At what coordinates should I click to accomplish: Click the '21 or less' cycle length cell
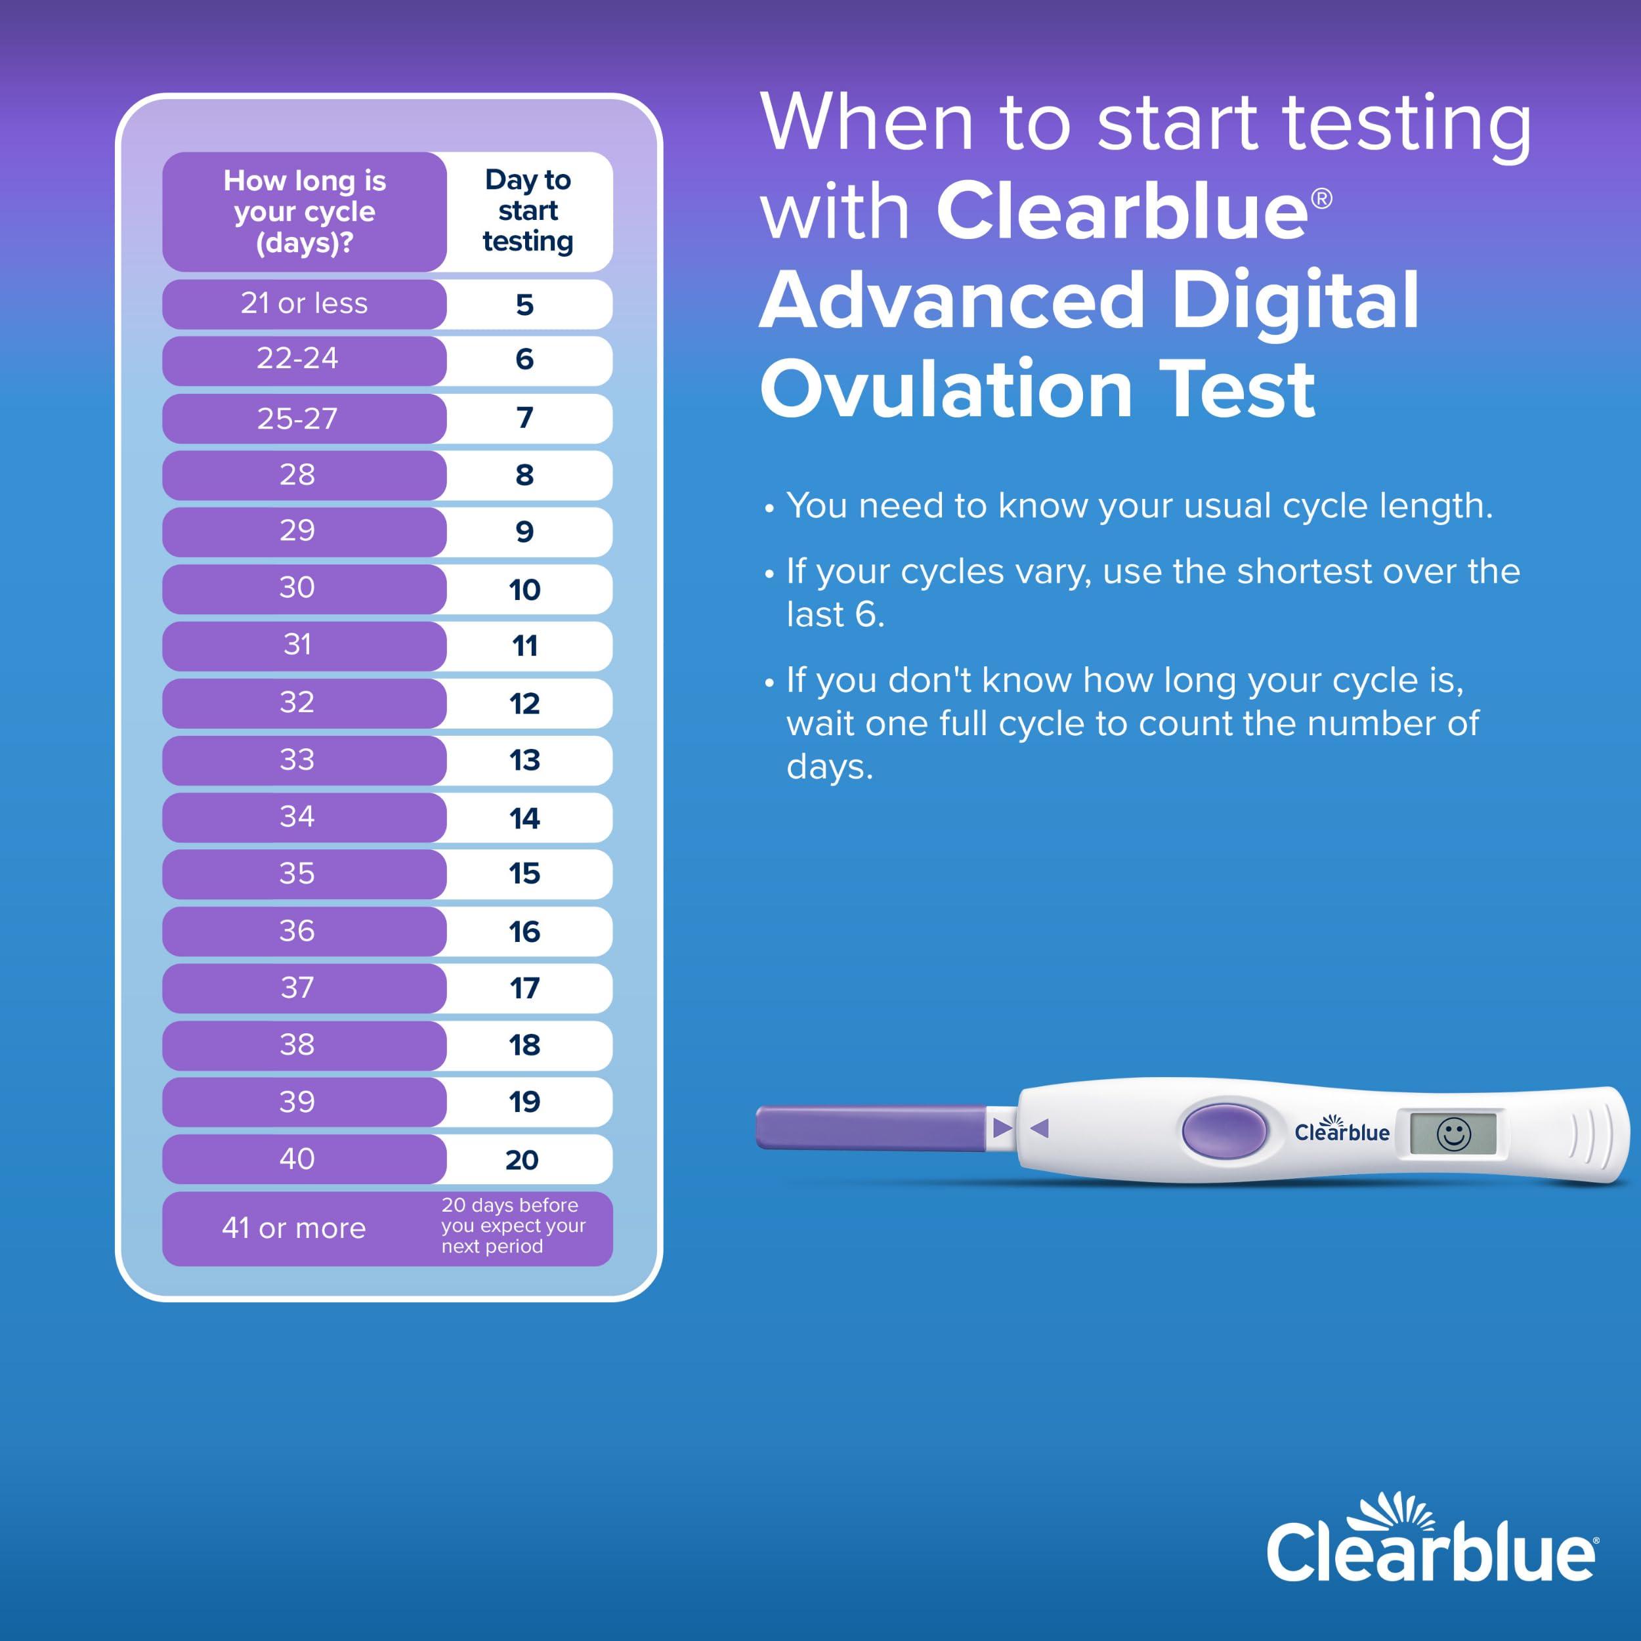(x=304, y=303)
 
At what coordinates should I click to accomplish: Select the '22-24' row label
(x=297, y=359)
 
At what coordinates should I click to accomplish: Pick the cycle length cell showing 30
(x=297, y=587)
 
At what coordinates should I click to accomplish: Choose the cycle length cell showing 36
(x=297, y=931)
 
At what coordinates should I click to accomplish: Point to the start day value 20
(x=522, y=1159)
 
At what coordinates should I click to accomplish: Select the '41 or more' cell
(x=294, y=1228)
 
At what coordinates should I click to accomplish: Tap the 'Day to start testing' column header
(x=528, y=211)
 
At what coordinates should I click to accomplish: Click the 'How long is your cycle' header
(x=304, y=211)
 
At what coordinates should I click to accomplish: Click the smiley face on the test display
(x=1453, y=1134)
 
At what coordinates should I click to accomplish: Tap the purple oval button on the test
(x=1224, y=1130)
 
